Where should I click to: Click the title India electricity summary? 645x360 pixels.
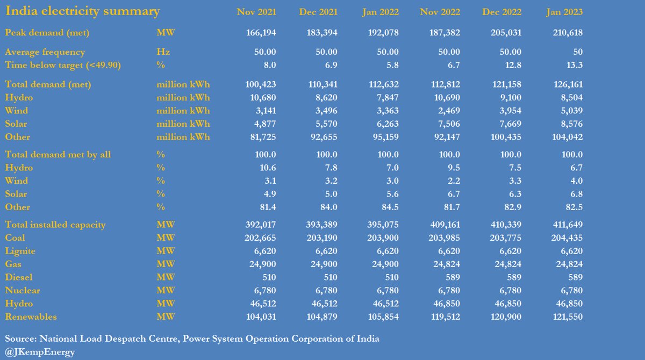click(82, 11)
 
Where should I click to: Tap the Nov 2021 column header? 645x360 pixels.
click(256, 12)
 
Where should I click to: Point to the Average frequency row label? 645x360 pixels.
click(45, 52)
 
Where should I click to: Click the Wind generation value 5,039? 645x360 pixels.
click(571, 111)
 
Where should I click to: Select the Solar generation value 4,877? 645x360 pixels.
click(264, 124)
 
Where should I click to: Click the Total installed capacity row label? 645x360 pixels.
click(55, 225)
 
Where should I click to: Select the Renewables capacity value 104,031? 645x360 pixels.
click(260, 317)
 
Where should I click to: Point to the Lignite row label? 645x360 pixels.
click(20, 251)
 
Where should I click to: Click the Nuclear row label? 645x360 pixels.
click(23, 291)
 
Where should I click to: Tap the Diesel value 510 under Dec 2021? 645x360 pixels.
click(329, 277)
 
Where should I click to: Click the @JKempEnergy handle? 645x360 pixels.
click(40, 352)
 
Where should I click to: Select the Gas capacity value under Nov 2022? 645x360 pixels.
click(444, 264)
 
